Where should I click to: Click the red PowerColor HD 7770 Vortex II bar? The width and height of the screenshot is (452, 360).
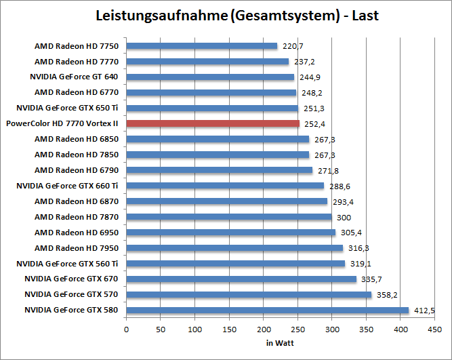click(213, 123)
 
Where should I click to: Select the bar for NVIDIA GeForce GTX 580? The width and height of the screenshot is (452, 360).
click(268, 311)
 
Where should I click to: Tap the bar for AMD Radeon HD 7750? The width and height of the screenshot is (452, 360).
click(202, 46)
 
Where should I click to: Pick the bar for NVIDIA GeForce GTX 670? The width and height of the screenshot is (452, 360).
click(241, 279)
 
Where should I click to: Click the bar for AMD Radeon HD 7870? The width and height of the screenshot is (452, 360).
click(229, 217)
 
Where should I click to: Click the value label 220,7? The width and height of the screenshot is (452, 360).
click(291, 46)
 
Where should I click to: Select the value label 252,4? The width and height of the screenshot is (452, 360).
click(313, 124)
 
